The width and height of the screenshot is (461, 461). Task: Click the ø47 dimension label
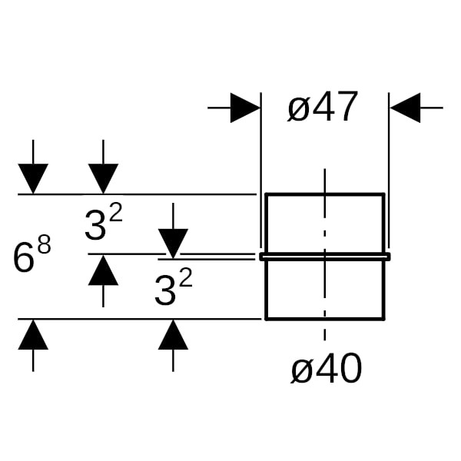coord(323,108)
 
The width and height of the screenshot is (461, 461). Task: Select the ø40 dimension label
coord(326,371)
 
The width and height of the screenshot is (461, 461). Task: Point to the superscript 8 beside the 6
coord(45,247)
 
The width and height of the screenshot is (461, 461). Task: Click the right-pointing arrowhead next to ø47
coord(245,108)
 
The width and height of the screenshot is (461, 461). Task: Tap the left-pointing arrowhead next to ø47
coord(406,108)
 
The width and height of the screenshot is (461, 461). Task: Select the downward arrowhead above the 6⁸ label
coord(33,179)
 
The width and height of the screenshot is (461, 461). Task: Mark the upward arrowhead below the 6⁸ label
coord(33,335)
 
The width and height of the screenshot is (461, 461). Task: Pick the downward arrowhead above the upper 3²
coord(103,179)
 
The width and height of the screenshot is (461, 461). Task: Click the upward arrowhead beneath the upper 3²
coord(103,270)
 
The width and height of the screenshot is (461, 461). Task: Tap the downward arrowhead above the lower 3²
coord(173,243)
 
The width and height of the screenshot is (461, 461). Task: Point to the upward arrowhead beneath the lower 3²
coord(173,335)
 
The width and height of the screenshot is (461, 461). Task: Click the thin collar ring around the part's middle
coord(325,257)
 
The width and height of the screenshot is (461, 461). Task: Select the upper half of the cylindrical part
coord(325,223)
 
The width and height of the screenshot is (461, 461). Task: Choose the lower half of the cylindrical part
coord(325,290)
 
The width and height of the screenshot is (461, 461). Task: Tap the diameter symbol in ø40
coord(301,373)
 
